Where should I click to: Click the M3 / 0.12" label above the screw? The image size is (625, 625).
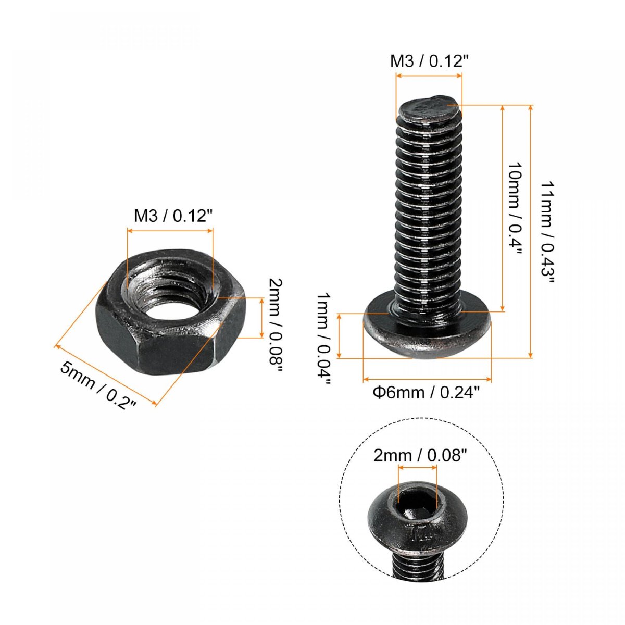(430, 61)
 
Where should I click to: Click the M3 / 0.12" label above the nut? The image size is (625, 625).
(174, 216)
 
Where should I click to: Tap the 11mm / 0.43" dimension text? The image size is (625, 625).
(547, 232)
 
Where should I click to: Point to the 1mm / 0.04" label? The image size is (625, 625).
(323, 339)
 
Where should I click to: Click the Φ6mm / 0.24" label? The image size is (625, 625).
(426, 393)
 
